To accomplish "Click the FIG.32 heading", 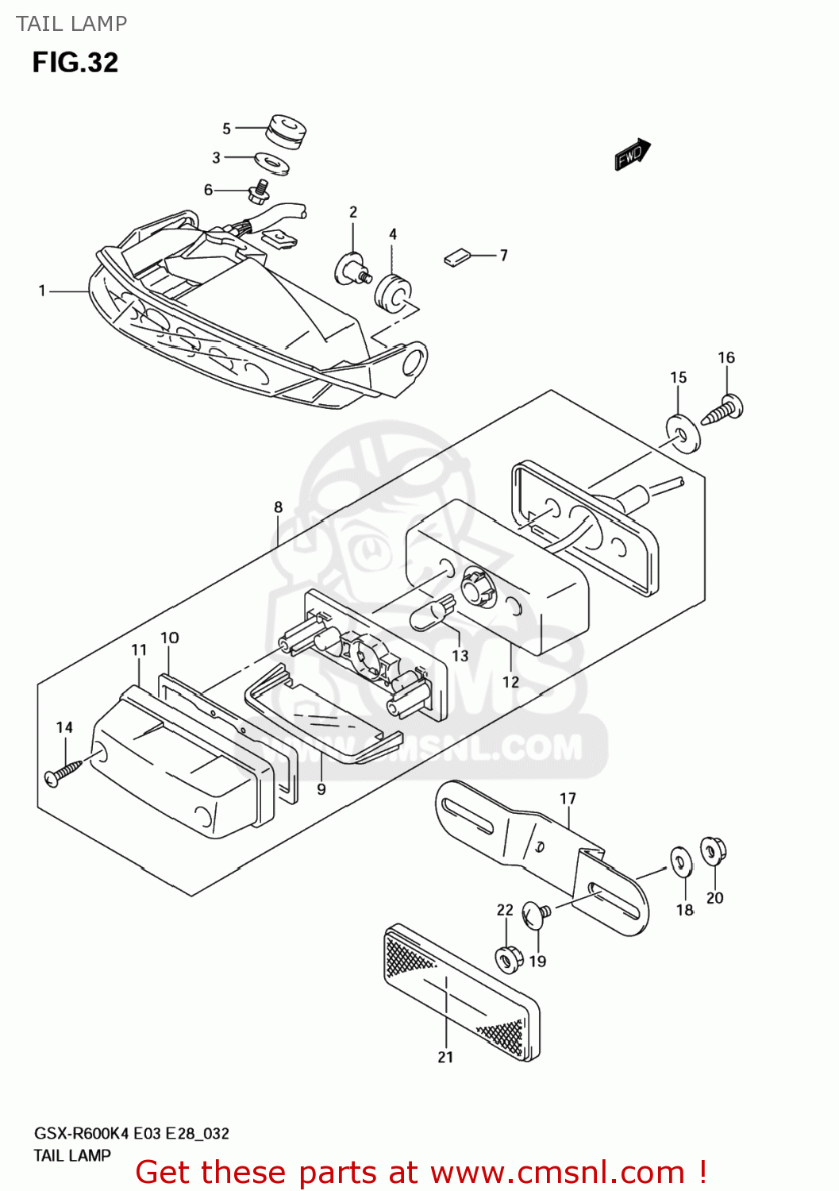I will click(75, 63).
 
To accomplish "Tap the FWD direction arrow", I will click(633, 155).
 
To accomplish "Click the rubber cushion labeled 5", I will click(286, 131).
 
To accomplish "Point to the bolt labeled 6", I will click(260, 191).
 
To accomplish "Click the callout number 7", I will click(503, 255).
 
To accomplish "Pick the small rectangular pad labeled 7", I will click(456, 257).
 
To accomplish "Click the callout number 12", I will click(510, 681).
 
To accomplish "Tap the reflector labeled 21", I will click(463, 992).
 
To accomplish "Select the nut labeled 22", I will click(506, 958).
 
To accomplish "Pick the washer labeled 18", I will click(681, 862).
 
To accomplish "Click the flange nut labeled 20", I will click(712, 851).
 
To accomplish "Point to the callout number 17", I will click(568, 798).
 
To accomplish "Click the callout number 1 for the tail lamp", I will click(42, 291).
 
